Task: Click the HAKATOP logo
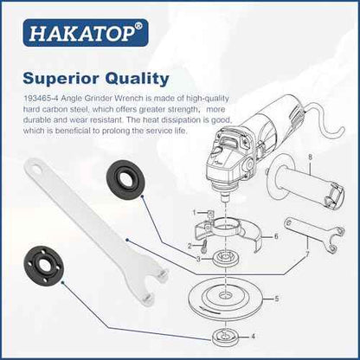point(86,33)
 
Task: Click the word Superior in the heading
point(61,79)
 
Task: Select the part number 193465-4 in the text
point(41,99)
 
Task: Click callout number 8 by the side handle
point(310,157)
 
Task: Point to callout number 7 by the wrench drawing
point(307,254)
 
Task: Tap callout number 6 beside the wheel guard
point(276,236)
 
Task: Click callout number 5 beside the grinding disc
point(277,299)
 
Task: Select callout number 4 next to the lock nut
point(253,337)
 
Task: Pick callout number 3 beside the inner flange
point(198,259)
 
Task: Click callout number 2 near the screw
point(190,246)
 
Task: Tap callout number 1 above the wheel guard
point(195,213)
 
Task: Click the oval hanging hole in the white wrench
point(36,167)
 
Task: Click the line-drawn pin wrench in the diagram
point(314,235)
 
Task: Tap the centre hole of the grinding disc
point(225,296)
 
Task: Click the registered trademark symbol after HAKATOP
point(138,26)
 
